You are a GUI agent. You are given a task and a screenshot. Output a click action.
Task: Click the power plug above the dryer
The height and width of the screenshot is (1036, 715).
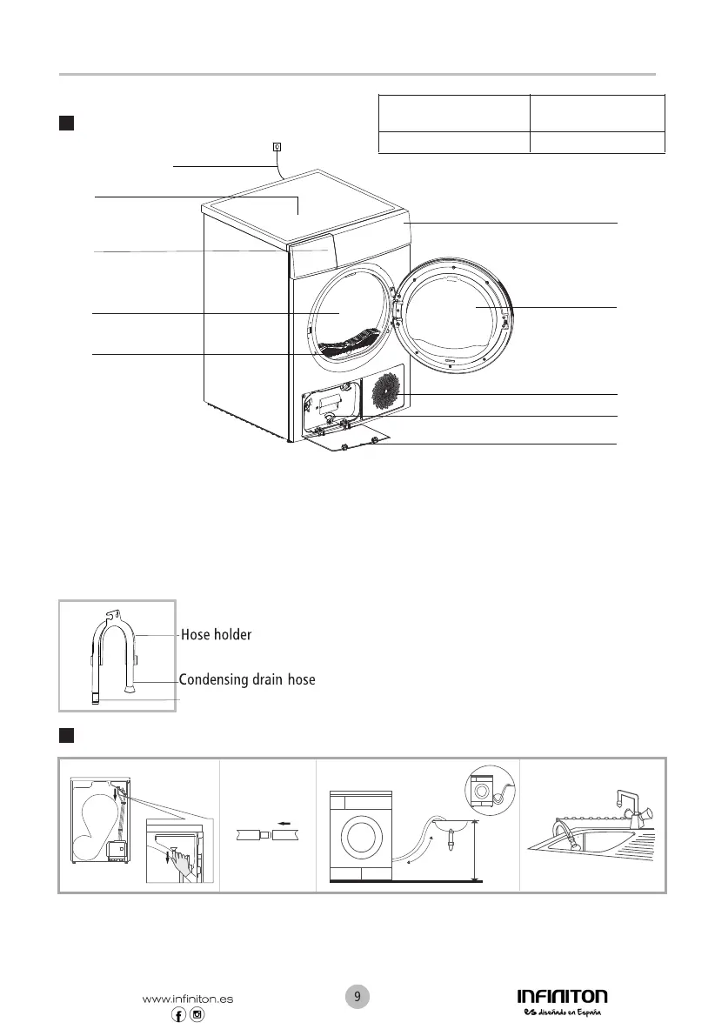pyautogui.click(x=277, y=146)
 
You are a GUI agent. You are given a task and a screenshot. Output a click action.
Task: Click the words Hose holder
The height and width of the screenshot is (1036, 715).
pyautogui.click(x=216, y=635)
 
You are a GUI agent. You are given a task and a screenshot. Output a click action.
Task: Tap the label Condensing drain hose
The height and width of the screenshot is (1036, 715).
pyautogui.click(x=247, y=679)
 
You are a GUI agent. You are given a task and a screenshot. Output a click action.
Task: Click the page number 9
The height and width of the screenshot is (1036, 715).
pyautogui.click(x=357, y=996)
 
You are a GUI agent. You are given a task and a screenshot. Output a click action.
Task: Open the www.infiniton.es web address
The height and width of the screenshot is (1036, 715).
pyautogui.click(x=187, y=999)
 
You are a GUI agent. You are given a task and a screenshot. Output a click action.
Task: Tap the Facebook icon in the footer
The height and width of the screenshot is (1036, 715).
pyautogui.click(x=179, y=1017)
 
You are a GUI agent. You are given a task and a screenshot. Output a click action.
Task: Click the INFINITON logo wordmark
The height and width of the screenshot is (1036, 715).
pyautogui.click(x=562, y=996)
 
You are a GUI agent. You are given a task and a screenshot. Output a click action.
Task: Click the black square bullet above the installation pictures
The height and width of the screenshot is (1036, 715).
pyautogui.click(x=64, y=737)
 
